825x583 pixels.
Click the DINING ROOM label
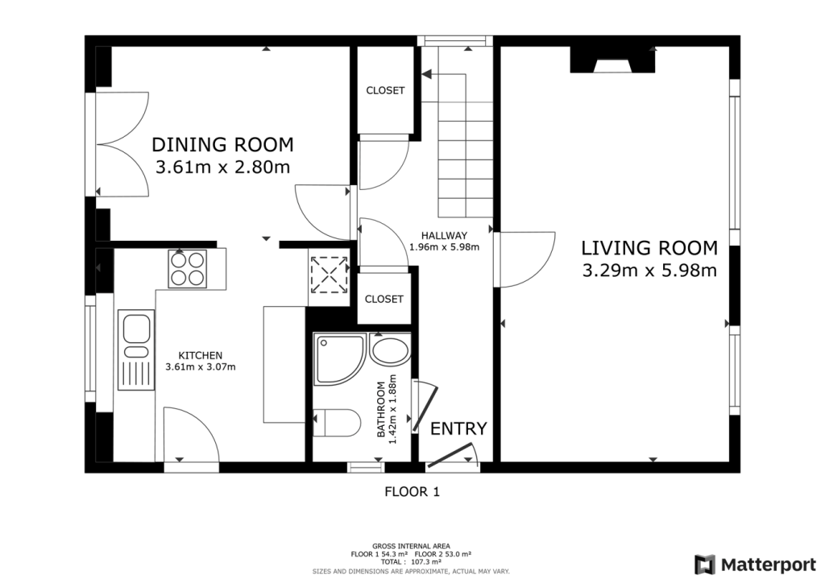pyautogui.click(x=222, y=144)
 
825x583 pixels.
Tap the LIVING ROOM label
pyautogui.click(x=649, y=247)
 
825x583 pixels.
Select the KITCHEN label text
pyautogui.click(x=200, y=355)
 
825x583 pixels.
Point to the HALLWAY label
pyautogui.click(x=444, y=235)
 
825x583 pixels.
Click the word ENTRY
pyautogui.click(x=458, y=428)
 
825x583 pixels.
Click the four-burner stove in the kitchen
pyautogui.click(x=187, y=269)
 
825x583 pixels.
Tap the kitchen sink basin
pyautogui.click(x=136, y=329)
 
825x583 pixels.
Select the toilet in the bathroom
pyautogui.click(x=337, y=423)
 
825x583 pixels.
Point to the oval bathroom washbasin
pyautogui.click(x=389, y=350)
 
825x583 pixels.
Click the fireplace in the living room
pyautogui.click(x=612, y=60)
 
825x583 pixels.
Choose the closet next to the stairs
pyautogui.click(x=386, y=90)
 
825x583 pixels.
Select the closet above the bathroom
pyautogui.click(x=384, y=299)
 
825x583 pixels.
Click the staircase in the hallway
pyautogui.click(x=466, y=145)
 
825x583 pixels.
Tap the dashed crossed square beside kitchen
pyautogui.click(x=329, y=275)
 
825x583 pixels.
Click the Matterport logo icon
pyautogui.click(x=705, y=564)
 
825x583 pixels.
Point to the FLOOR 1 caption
pyautogui.click(x=412, y=491)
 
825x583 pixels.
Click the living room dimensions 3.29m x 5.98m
pyautogui.click(x=649, y=271)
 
